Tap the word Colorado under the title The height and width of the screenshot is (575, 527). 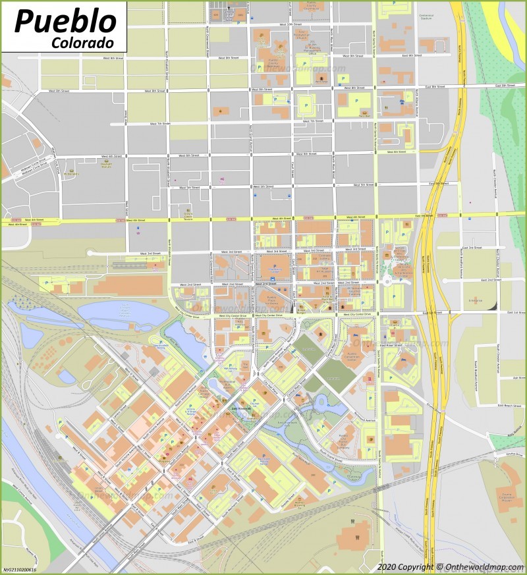pos(82,41)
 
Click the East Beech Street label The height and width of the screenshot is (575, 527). pos(509,406)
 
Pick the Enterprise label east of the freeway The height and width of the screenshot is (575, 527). pos(476,300)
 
